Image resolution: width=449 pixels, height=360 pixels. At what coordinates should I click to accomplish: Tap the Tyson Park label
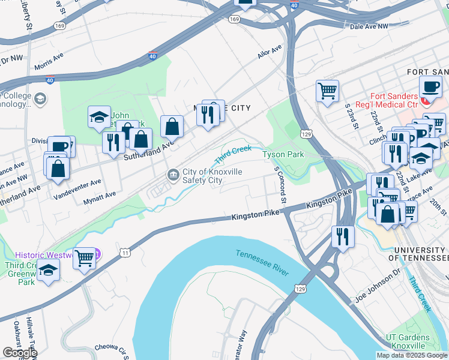tap(283, 154)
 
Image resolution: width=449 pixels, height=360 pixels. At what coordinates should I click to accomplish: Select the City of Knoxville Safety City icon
tap(173, 175)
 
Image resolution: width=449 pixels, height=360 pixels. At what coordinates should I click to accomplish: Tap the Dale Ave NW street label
tap(369, 26)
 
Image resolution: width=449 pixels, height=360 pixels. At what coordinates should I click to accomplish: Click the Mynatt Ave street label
tap(99, 200)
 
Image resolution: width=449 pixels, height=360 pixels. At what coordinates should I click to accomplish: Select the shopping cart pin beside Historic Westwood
tap(85, 258)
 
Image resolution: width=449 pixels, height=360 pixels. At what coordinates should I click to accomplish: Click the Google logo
tap(19, 352)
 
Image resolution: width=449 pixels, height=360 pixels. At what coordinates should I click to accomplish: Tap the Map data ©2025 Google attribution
tap(411, 355)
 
